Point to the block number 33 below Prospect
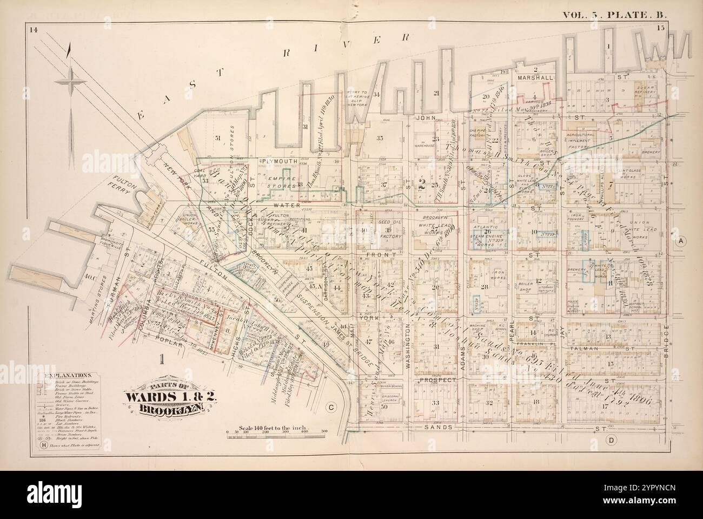click(x=435, y=403)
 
